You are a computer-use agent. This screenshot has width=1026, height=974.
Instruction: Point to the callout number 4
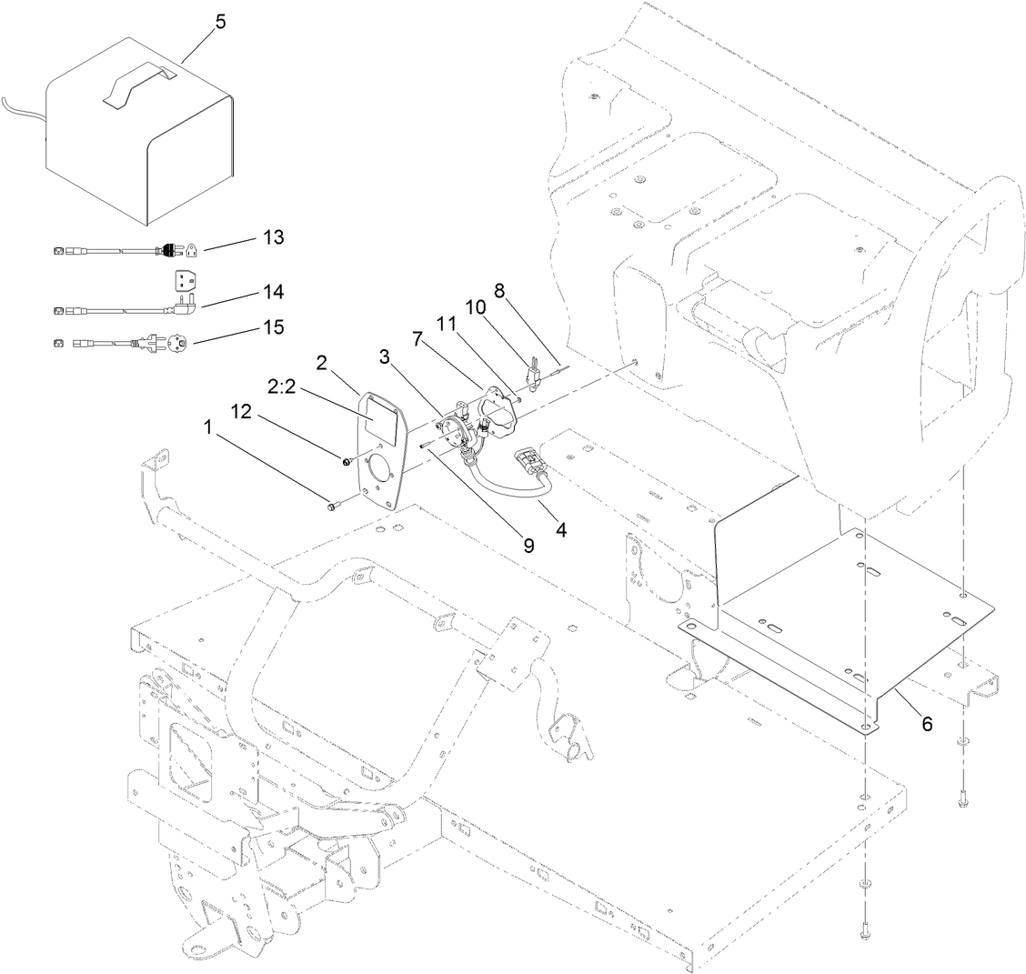561,528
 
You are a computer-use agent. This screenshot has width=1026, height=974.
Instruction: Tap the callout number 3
385,357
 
